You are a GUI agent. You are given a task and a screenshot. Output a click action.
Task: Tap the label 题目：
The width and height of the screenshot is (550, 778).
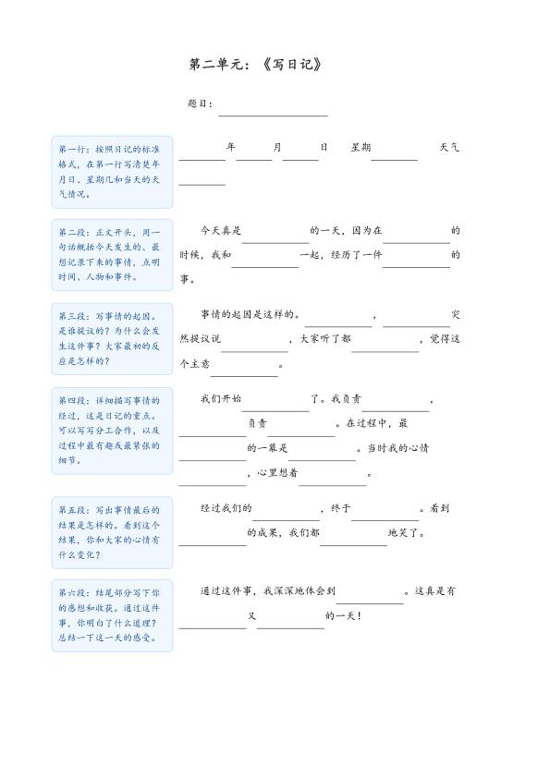[x=201, y=104]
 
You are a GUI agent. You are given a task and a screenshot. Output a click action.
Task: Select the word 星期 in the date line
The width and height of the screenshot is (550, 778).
[x=361, y=147]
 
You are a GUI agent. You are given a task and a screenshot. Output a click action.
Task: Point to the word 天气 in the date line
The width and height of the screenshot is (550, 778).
[x=450, y=147]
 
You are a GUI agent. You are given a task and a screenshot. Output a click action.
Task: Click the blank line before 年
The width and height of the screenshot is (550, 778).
[x=202, y=158]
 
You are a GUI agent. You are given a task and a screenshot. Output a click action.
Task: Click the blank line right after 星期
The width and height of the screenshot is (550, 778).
[x=395, y=158]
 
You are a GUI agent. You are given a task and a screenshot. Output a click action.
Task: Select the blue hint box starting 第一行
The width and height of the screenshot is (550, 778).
[x=112, y=171]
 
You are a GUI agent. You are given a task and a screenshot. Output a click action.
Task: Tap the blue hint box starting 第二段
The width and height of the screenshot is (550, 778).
[x=112, y=254]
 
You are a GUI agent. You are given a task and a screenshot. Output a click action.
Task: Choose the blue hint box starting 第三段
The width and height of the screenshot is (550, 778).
[x=112, y=338]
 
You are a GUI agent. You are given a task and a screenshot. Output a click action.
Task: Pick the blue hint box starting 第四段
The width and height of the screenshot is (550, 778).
[x=112, y=430]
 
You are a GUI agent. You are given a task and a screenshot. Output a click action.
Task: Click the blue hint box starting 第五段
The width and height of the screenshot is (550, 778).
[x=112, y=531]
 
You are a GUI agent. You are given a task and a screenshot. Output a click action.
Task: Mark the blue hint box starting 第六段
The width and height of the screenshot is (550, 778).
[x=112, y=614]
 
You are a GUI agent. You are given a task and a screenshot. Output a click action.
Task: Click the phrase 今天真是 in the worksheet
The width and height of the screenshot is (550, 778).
[x=221, y=230]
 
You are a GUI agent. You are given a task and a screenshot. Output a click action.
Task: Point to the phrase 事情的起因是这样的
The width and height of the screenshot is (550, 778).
[x=251, y=314]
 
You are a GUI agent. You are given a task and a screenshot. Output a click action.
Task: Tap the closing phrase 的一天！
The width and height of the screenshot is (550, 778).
[x=343, y=616]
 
